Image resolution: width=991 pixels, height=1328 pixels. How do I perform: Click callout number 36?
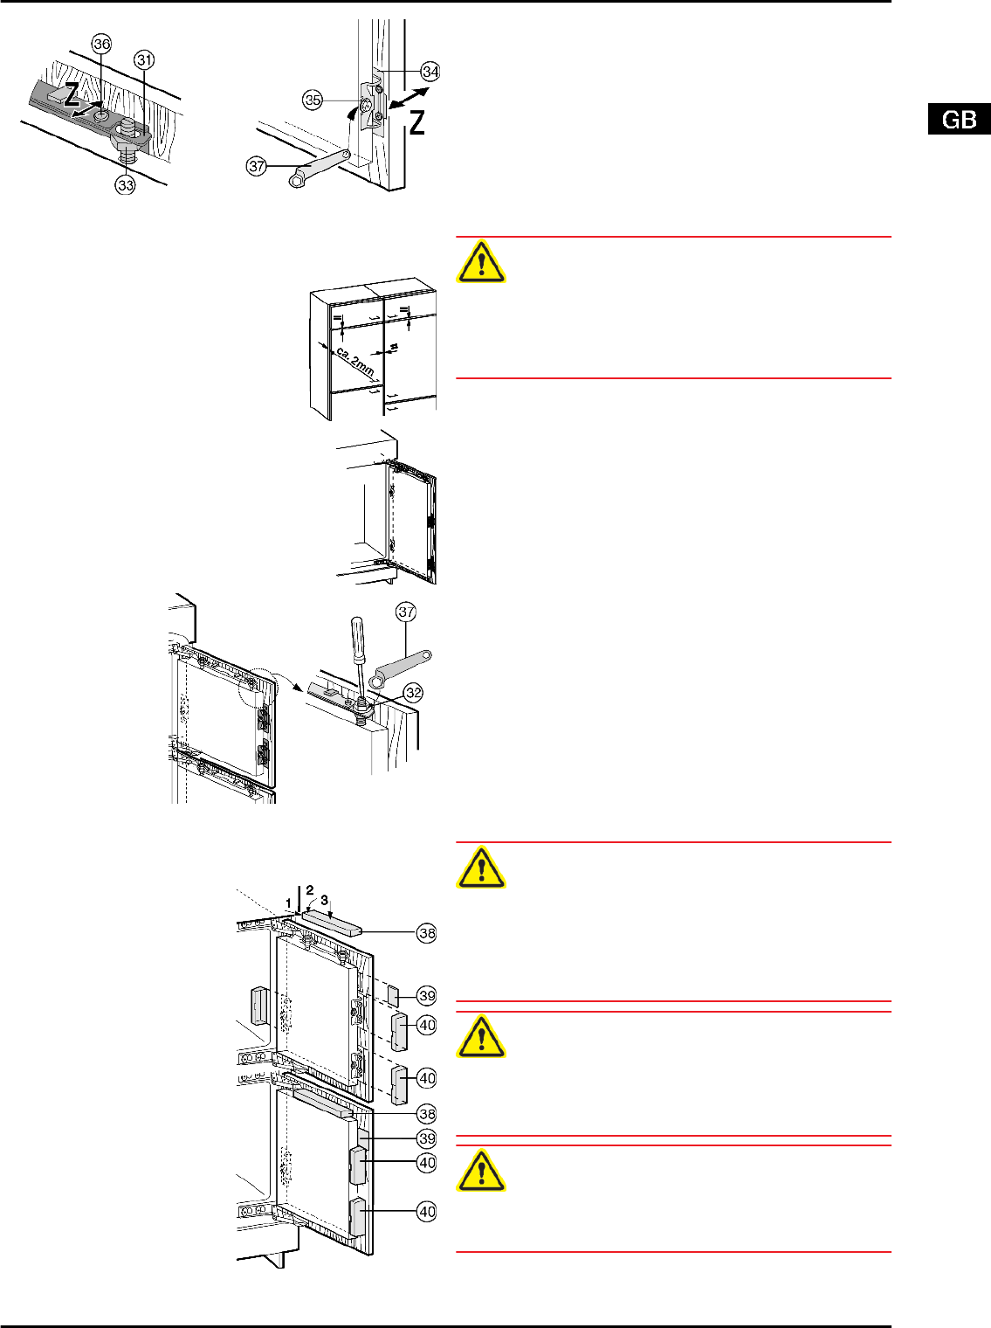pyautogui.click(x=101, y=45)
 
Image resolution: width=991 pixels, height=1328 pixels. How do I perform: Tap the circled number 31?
pyautogui.click(x=144, y=60)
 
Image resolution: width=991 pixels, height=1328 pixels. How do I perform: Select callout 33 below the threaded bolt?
pyautogui.click(x=125, y=184)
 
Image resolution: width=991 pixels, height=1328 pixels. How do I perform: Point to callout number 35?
pyautogui.click(x=313, y=100)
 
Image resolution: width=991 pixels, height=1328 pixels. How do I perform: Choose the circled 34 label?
pyautogui.click(x=430, y=72)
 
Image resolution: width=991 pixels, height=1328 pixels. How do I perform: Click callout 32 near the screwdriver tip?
pyautogui.click(x=413, y=693)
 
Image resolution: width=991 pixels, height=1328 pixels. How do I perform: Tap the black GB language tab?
pyautogui.click(x=960, y=119)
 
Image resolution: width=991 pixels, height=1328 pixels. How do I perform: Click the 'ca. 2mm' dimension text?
pyautogui.click(x=354, y=362)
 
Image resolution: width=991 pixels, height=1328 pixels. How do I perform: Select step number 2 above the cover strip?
pyautogui.click(x=310, y=890)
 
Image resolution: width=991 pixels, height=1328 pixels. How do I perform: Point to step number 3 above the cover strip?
pyautogui.click(x=325, y=900)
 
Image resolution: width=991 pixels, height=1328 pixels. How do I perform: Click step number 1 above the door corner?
pyautogui.click(x=288, y=903)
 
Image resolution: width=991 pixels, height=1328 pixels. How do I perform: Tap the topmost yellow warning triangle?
pyautogui.click(x=481, y=263)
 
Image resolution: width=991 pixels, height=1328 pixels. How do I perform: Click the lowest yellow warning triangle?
pyautogui.click(x=481, y=1172)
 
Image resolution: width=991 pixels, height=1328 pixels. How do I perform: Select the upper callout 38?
pyautogui.click(x=427, y=933)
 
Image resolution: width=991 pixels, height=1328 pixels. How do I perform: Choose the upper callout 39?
pyautogui.click(x=427, y=995)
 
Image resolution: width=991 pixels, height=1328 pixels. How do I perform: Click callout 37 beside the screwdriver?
pyautogui.click(x=406, y=612)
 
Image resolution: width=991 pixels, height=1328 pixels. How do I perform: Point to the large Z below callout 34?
pyautogui.click(x=417, y=122)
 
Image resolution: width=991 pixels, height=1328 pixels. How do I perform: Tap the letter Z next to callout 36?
pyautogui.click(x=72, y=94)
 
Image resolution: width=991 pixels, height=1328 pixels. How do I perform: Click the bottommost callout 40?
pyautogui.click(x=427, y=1211)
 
